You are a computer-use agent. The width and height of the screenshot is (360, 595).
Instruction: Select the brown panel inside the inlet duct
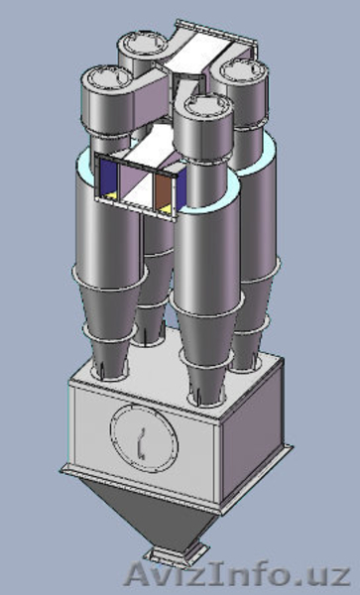tap(162, 191)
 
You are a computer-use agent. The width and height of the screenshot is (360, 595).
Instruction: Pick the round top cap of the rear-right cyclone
tap(244, 71)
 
